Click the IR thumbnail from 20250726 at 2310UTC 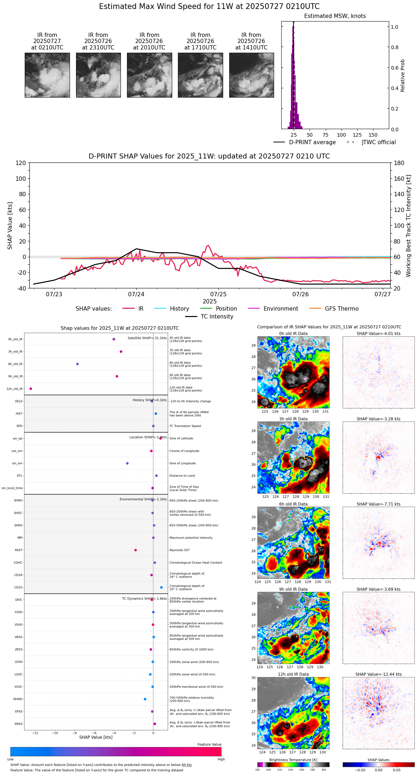coord(98,75)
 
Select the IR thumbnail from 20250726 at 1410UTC coord(251,75)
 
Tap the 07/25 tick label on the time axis coord(218,294)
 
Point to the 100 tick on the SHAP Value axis coord(21,179)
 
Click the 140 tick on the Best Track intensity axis coord(399,194)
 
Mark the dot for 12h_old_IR coord(31,388)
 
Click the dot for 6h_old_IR coord(77,364)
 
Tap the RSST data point coord(136,550)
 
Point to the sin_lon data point coord(127,463)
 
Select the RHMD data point coord(145,699)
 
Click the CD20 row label coord(18,587)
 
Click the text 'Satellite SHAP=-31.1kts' coord(147,338)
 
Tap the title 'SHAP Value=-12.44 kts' coord(378,674)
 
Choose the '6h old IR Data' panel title coord(293,504)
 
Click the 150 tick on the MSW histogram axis coord(373,135)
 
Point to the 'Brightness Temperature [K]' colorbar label coord(293,760)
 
